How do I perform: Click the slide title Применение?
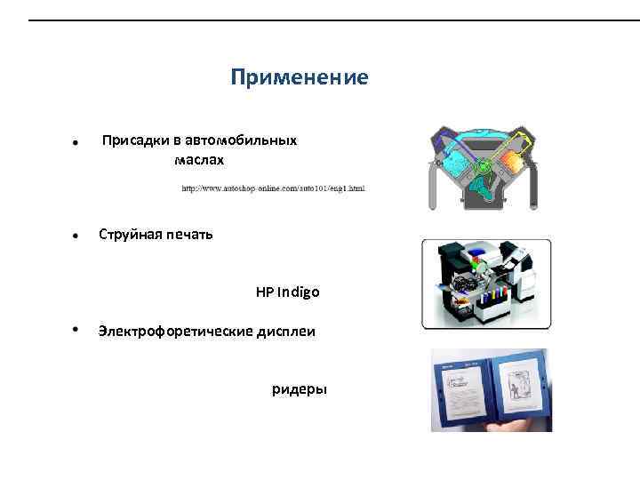(299, 78)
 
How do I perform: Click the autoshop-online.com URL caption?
(273, 188)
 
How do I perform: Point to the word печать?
(188, 236)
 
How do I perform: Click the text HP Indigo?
(287, 292)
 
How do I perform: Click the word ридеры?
(300, 389)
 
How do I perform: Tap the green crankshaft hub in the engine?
(484, 166)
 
